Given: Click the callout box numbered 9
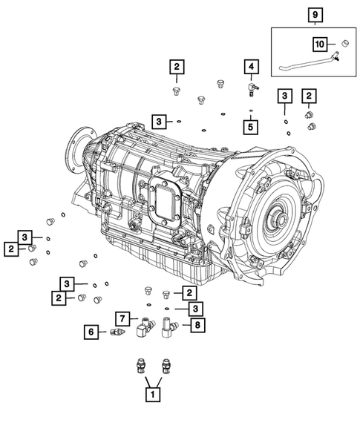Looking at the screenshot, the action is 315,15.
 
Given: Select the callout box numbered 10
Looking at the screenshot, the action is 320,44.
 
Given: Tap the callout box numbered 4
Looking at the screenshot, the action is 252,67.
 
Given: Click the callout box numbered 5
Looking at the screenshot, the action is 250,127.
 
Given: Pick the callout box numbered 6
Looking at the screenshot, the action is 91,332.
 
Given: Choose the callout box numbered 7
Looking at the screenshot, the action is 122,319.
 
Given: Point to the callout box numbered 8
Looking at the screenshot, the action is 197,325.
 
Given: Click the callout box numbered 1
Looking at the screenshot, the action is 153,395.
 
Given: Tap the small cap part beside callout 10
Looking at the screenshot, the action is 345,44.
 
